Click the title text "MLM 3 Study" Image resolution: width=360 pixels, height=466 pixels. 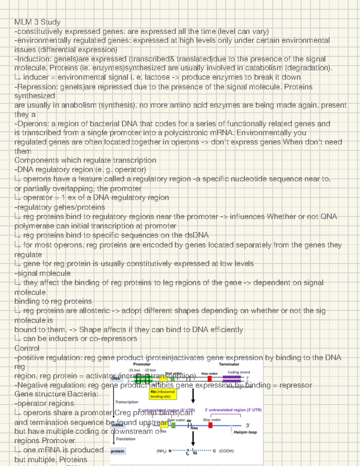click(x=37, y=22)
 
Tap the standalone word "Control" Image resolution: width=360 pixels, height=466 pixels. click(x=27, y=348)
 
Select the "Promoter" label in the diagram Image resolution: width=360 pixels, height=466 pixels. click(x=142, y=364)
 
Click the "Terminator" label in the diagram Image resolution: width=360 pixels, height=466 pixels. click(x=229, y=364)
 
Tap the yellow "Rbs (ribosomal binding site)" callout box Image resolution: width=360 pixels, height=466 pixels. click(x=163, y=394)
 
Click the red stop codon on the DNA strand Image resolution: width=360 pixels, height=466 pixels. click(x=209, y=379)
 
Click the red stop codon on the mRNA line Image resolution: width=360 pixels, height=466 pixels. click(x=210, y=425)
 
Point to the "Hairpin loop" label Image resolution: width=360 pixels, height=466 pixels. click(x=245, y=432)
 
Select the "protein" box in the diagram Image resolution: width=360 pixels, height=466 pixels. click(x=118, y=451)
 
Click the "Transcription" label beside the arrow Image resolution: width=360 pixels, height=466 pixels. click(x=127, y=402)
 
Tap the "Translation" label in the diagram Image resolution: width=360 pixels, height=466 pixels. click(x=125, y=439)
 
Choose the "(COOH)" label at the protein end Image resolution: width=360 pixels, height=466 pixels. click(x=226, y=451)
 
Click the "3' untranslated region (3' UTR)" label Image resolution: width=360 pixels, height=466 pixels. click(x=233, y=410)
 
